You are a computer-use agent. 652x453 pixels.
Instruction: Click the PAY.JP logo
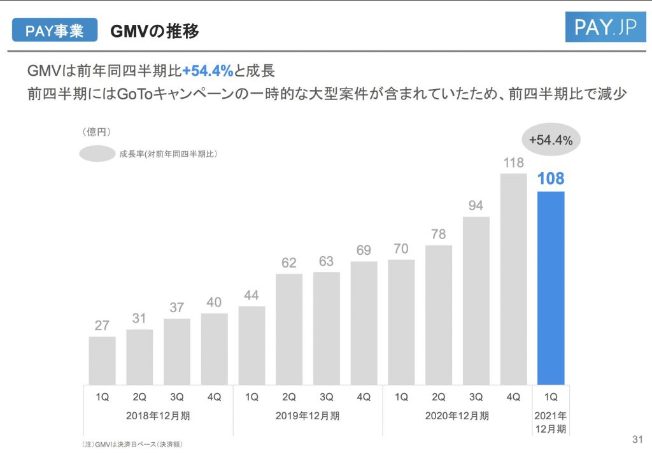pos(605,28)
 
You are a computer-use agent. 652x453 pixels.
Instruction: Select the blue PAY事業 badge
pos(54,31)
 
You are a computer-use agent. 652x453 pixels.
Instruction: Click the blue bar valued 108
pos(551,287)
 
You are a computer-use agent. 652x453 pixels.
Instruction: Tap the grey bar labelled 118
pos(513,278)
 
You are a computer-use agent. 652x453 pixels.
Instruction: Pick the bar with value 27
pos(102,360)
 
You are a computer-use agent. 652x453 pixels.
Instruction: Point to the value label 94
pos(476,206)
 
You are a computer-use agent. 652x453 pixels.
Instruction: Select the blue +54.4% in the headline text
pos(208,71)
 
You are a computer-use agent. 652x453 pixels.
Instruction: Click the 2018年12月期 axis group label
pos(158,416)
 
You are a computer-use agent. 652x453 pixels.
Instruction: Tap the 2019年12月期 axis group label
pos(308,416)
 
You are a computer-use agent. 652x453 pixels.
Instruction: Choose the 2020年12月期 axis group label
pos(457,416)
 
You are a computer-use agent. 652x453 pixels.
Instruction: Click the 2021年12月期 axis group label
pos(551,422)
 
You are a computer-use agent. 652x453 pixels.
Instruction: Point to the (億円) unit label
pos(97,132)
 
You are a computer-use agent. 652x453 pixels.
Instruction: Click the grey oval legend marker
pos(97,153)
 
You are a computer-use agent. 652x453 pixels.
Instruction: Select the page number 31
pos(637,439)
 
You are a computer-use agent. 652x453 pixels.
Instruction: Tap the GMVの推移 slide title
pos(154,31)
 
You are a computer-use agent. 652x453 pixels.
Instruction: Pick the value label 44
pos(252,296)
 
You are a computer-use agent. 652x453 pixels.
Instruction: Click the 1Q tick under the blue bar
pos(551,396)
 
